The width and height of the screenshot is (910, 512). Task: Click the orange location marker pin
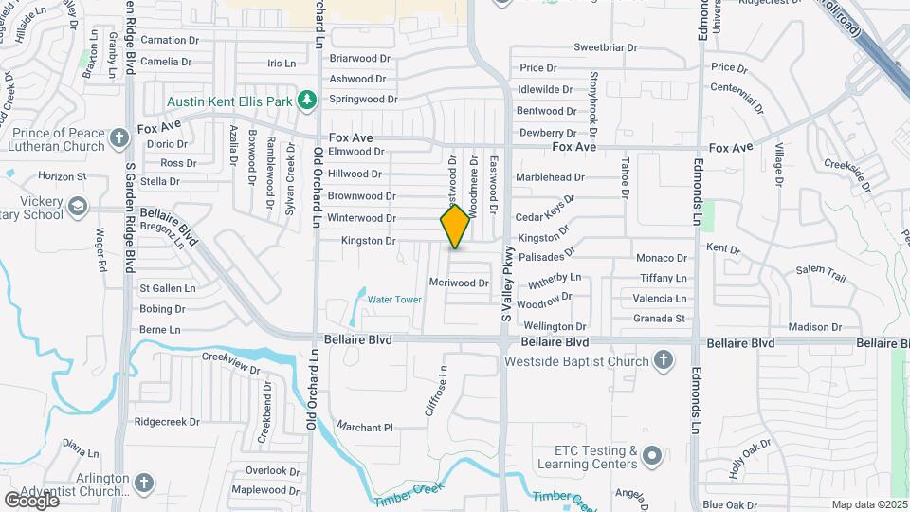tap(456, 226)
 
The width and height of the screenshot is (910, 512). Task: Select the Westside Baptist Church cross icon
tap(664, 360)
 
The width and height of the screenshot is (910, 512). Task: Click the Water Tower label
tap(394, 300)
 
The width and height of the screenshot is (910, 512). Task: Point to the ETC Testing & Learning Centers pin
tap(650, 457)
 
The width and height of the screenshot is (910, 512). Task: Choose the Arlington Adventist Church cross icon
tap(143, 483)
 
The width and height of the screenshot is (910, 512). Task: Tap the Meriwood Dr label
tap(458, 283)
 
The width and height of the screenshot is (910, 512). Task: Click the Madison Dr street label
tap(808, 327)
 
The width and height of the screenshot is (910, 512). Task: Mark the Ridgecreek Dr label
tap(167, 421)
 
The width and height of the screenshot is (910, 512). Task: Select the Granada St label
tap(659, 319)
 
